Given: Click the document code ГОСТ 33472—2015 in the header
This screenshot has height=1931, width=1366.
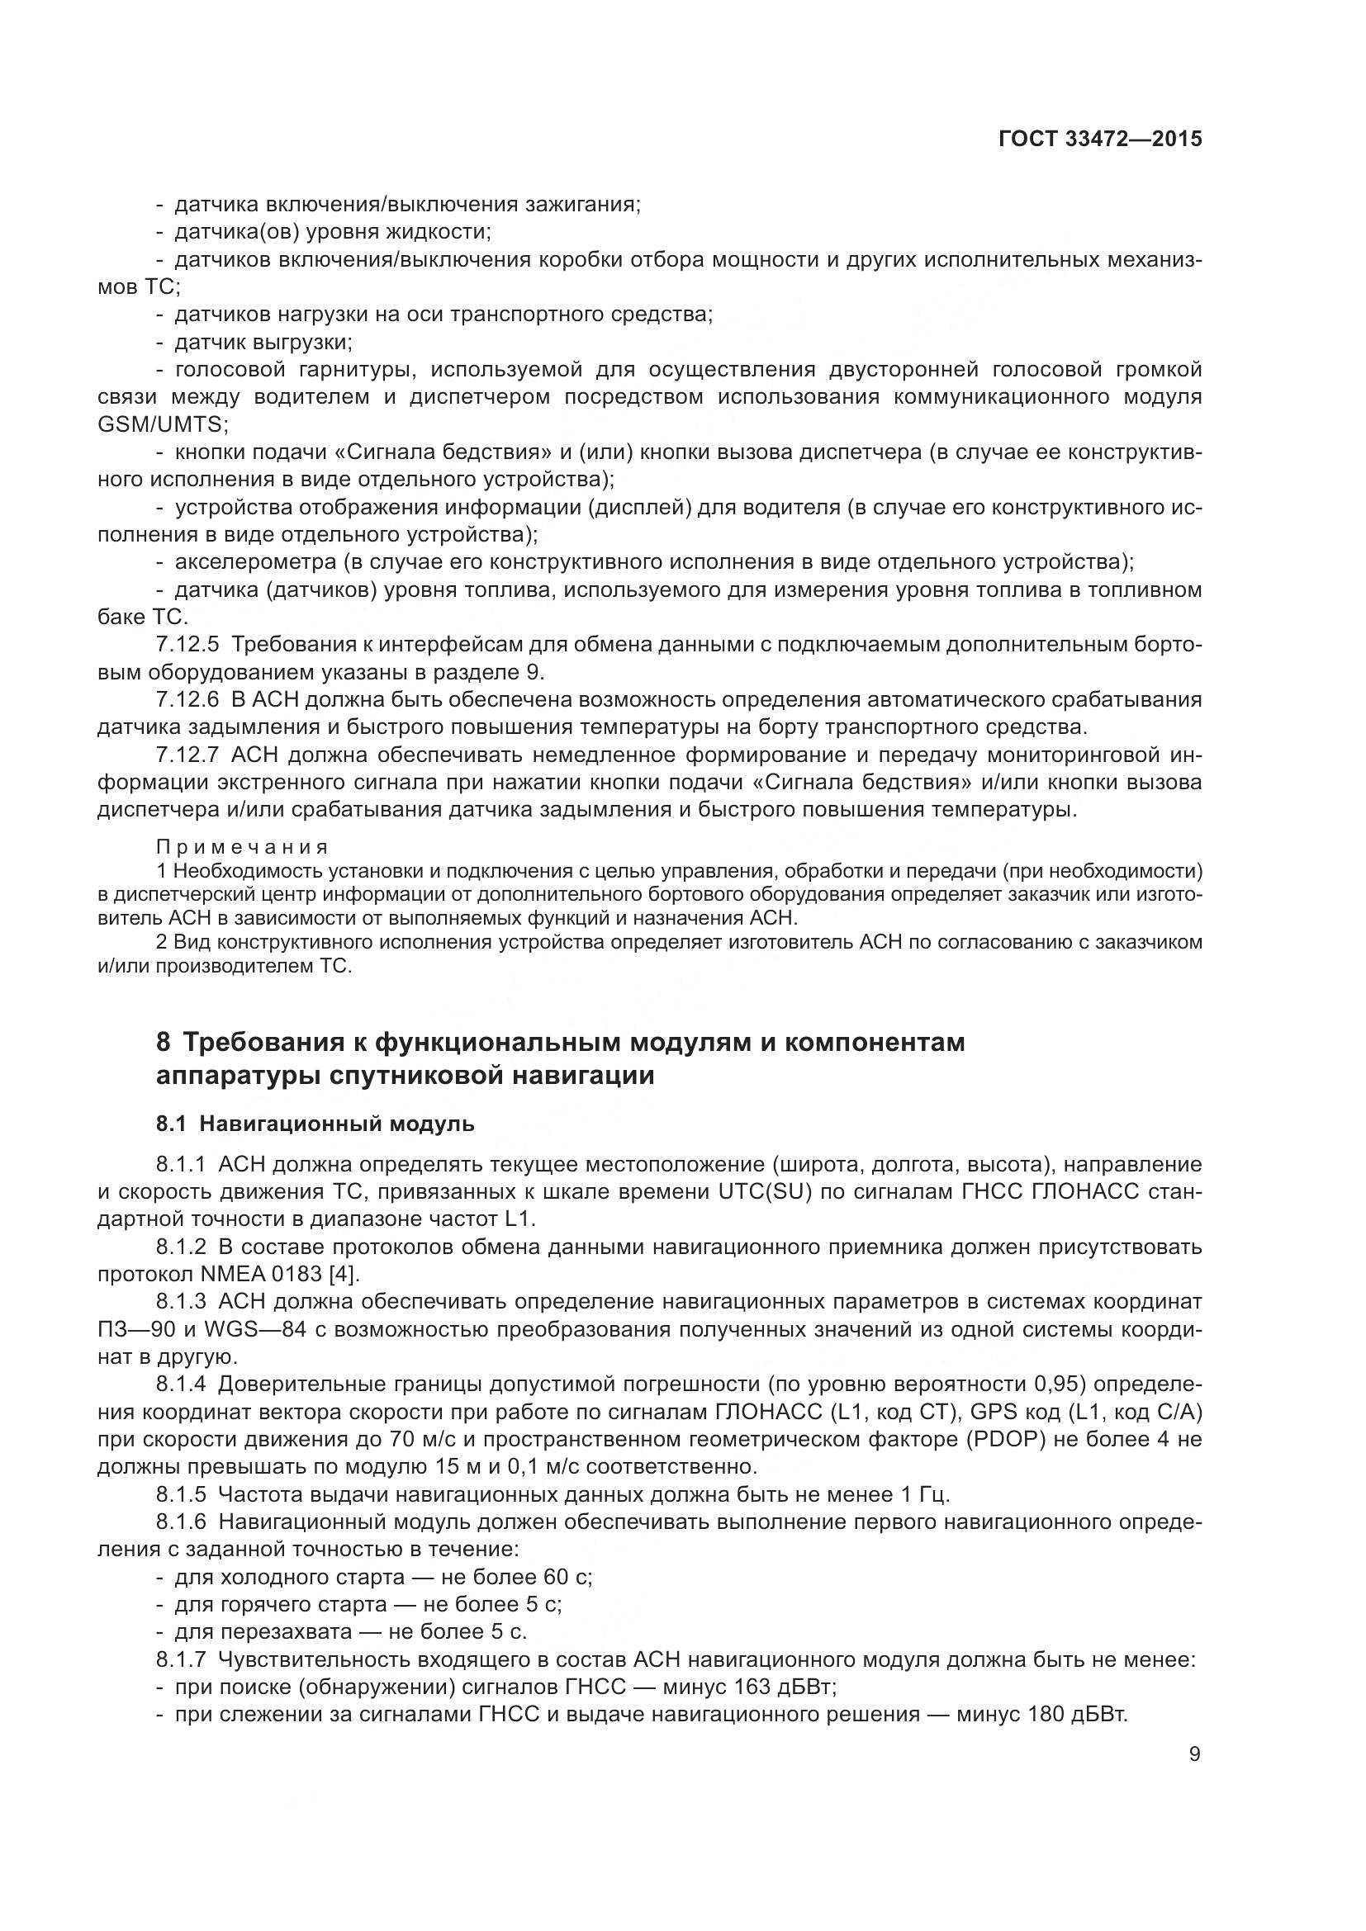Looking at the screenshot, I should (1100, 139).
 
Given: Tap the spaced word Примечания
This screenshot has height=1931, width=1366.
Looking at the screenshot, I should (243, 846).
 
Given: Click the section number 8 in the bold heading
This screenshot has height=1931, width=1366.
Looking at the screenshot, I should (164, 1043).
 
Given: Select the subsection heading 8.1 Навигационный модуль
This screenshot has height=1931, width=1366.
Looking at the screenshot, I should (315, 1124).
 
